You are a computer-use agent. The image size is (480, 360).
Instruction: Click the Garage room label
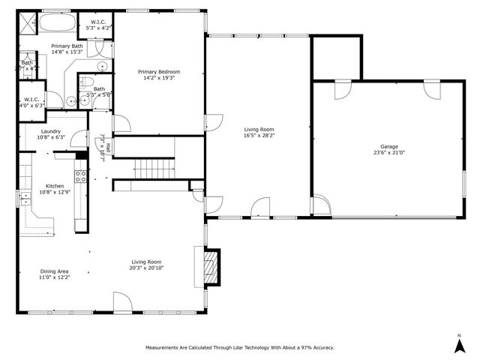[x=388, y=146]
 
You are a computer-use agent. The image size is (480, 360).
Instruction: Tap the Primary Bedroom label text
[x=159, y=72]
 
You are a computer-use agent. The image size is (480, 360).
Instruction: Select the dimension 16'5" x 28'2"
[x=259, y=136]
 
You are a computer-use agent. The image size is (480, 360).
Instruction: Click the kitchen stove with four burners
[x=80, y=178]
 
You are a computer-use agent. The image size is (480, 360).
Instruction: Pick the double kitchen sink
[x=22, y=198]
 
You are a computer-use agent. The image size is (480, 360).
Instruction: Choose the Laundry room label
[x=51, y=130]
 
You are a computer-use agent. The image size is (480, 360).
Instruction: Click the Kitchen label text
[x=55, y=186]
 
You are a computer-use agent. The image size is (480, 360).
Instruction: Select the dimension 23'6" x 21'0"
[x=388, y=152]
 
